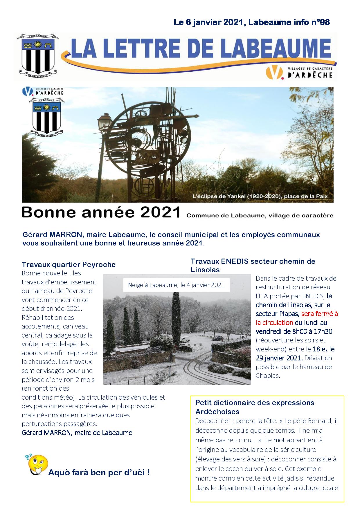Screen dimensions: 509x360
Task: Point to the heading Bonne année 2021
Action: [x=101, y=212]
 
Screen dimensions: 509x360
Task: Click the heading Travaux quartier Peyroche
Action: [x=69, y=264]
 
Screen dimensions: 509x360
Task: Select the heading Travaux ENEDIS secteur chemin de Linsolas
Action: [x=253, y=265]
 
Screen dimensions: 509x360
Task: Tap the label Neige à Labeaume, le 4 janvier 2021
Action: [x=176, y=285]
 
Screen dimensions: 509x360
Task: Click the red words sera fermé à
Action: [x=319, y=314]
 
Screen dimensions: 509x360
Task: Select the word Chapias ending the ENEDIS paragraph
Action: [x=267, y=376]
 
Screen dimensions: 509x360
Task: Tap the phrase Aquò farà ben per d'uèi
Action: [x=99, y=473]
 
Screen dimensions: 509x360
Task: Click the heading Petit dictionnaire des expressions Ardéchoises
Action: [x=255, y=407]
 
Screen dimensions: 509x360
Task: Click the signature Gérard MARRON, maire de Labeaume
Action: [x=77, y=433]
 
